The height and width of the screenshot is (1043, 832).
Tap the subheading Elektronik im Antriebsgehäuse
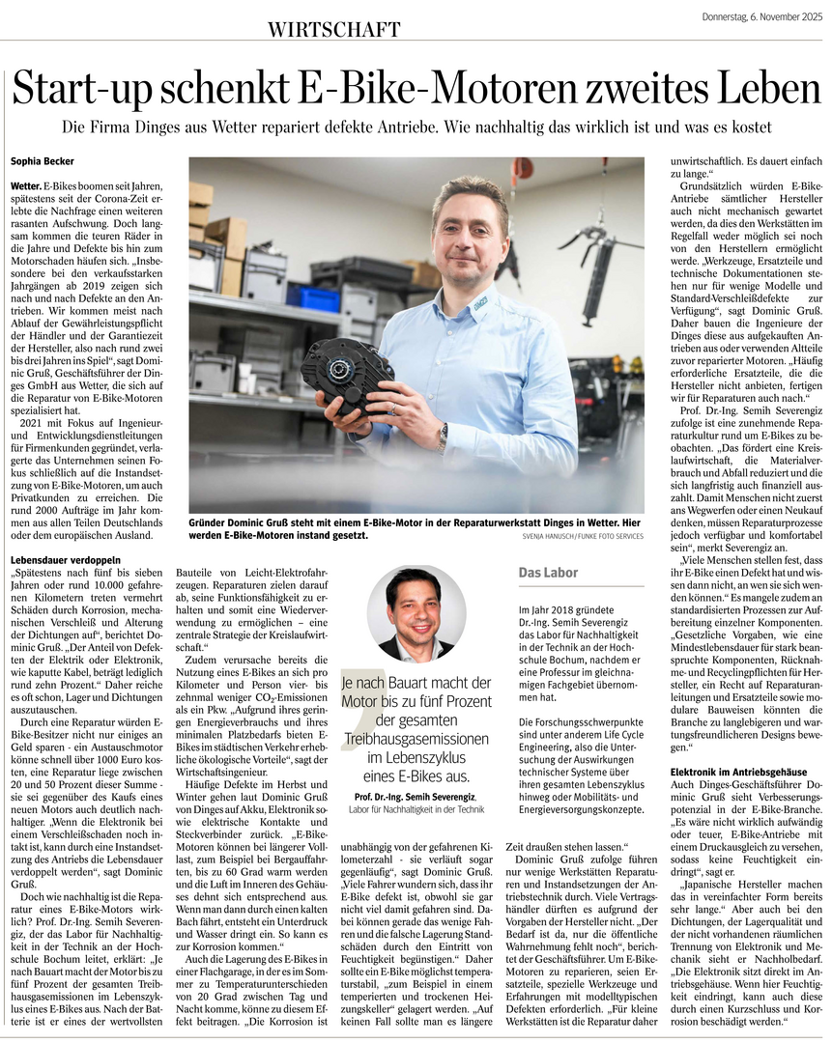click(738, 772)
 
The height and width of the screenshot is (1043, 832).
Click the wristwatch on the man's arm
click(443, 437)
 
